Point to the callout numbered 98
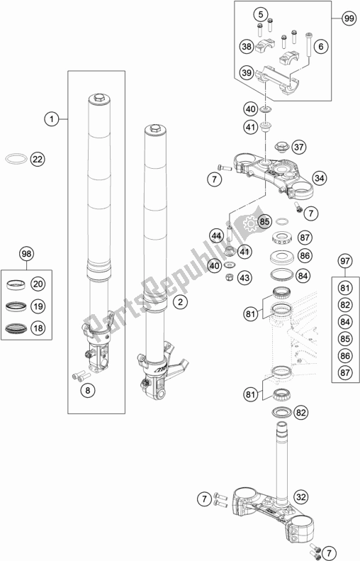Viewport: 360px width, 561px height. tap(27, 253)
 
